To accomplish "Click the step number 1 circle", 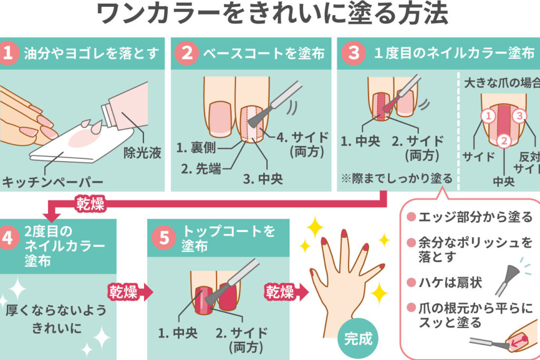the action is point(7,53).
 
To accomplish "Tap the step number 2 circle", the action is point(187,53).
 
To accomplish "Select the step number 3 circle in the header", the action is point(353,53).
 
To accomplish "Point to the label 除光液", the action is point(142,153).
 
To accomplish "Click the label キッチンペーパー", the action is point(52,182).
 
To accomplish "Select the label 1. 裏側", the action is point(196,148).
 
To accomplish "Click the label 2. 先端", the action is point(201,169).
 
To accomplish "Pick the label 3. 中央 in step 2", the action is point(263,179).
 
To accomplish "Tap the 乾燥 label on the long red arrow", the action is point(90,204).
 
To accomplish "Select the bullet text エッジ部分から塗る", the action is point(475,217).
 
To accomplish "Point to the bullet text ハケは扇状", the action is point(450,283).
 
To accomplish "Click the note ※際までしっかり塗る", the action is point(397,179).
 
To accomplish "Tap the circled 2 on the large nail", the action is point(504,140).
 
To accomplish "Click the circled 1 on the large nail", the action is point(488,116).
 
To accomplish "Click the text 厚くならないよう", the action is point(56,310).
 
